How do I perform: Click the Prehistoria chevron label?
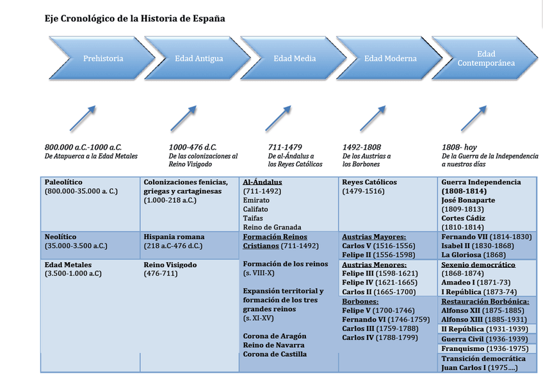pos(103,59)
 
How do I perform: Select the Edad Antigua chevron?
pos(199,59)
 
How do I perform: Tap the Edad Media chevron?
pos(295,59)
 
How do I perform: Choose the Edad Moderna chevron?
pos(390,59)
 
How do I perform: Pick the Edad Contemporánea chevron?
pos(486,59)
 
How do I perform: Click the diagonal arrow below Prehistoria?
pos(83,119)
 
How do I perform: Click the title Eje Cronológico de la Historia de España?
pos(134,19)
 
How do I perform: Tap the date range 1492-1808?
pos(362,147)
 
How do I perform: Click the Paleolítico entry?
pos(64,182)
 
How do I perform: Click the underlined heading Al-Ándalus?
pos(263,182)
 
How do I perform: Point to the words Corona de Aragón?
pos(275,336)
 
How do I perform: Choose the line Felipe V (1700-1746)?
pos(382,311)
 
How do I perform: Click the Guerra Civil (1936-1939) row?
pos(484,339)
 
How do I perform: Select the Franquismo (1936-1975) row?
pos(485,349)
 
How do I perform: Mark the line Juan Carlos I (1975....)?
pos(480,368)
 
